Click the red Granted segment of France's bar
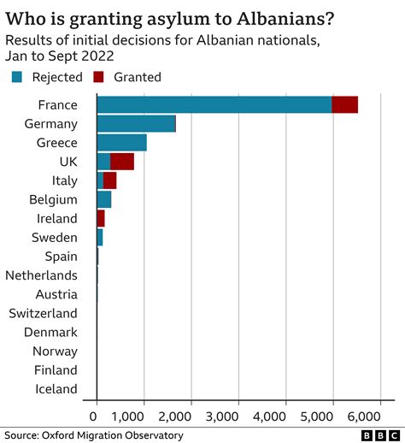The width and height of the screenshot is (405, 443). pyautogui.click(x=345, y=105)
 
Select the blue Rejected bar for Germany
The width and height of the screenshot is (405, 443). pyautogui.click(x=136, y=124)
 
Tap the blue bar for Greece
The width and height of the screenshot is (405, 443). pyautogui.click(x=121, y=143)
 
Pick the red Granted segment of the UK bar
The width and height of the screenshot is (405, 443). pyautogui.click(x=122, y=162)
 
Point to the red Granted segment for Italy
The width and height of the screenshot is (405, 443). pyautogui.click(x=109, y=180)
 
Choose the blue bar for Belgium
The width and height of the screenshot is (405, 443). pyautogui.click(x=104, y=199)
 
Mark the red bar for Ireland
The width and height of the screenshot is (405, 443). pyautogui.click(x=101, y=218)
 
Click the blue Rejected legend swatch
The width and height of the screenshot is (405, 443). pyautogui.click(x=17, y=77)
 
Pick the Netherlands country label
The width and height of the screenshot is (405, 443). pyautogui.click(x=41, y=275)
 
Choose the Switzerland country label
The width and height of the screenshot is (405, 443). pyautogui.click(x=43, y=313)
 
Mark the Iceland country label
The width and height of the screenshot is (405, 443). pyautogui.click(x=55, y=389)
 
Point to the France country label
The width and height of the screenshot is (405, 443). pyautogui.click(x=57, y=105)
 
